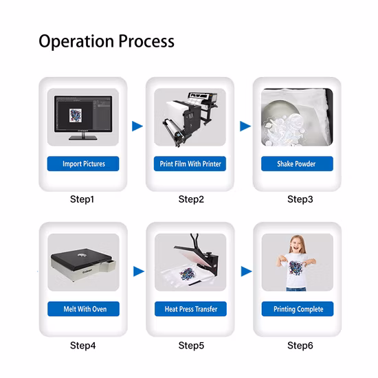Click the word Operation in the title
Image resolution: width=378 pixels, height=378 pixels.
(x=76, y=41)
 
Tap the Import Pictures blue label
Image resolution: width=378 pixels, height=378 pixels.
(x=83, y=164)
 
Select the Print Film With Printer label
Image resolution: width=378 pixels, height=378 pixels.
(x=190, y=164)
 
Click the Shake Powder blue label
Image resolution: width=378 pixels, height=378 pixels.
(x=297, y=164)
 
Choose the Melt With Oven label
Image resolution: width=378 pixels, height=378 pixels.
(x=83, y=309)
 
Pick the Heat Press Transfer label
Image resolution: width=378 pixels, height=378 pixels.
(x=190, y=309)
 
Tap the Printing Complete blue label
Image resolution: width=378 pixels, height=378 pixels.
(x=298, y=309)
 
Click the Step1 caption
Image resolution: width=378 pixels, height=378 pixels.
(x=82, y=199)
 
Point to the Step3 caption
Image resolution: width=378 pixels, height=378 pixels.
(x=300, y=199)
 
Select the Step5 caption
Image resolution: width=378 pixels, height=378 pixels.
(x=191, y=346)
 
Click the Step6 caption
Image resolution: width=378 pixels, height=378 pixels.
(x=300, y=346)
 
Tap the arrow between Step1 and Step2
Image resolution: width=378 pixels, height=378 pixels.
(x=137, y=126)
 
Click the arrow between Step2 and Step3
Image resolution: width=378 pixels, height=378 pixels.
(x=245, y=126)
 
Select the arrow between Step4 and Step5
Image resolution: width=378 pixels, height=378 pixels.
(x=139, y=271)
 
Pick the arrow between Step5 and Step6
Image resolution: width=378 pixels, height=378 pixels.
(x=246, y=271)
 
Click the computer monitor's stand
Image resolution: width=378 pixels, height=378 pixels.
(x=83, y=137)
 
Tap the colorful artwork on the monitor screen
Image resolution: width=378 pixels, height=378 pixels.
(x=76, y=115)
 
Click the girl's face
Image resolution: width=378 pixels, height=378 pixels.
(x=297, y=246)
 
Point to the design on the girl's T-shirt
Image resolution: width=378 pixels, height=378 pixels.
(x=296, y=268)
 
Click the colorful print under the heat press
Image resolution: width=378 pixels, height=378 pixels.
(x=187, y=274)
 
